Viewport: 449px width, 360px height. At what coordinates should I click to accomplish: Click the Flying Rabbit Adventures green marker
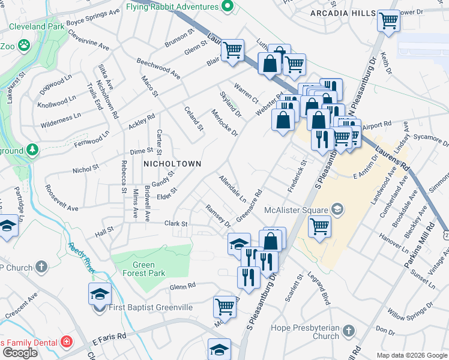[226, 7]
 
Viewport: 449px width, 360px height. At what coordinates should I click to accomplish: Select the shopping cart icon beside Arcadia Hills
[388, 21]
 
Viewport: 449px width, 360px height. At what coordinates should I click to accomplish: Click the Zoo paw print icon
[24, 45]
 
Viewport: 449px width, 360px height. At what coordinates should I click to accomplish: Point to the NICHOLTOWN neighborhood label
[171, 163]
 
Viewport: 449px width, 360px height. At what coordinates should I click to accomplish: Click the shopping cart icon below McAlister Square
[319, 227]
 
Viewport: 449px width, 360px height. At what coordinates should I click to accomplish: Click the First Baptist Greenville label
[151, 308]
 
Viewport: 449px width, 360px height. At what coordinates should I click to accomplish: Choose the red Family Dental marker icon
[67, 343]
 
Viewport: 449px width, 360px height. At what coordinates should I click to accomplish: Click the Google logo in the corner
[19, 353]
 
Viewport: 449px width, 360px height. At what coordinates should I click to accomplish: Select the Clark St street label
[176, 224]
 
